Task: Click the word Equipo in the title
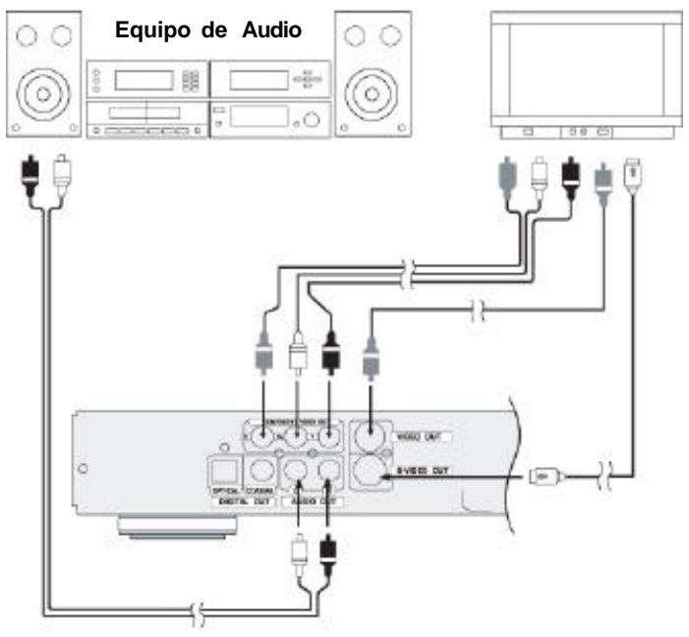point(150,27)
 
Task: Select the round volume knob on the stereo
point(312,120)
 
